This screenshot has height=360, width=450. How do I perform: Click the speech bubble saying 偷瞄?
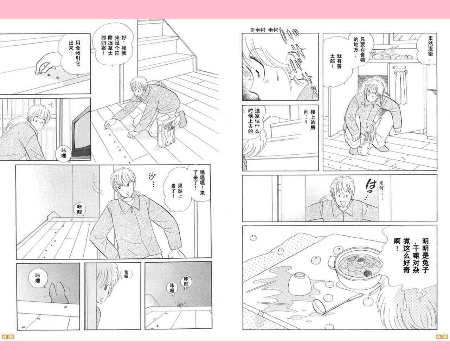click(x=126, y=274)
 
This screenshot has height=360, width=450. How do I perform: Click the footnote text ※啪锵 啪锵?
click(x=264, y=30)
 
